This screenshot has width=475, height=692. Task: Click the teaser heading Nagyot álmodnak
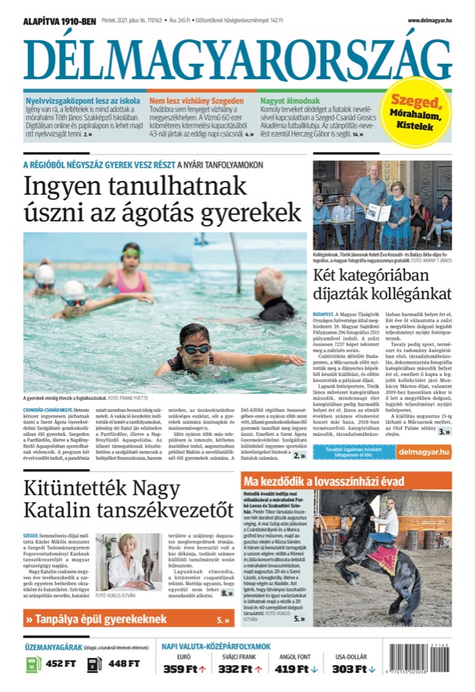pos(286,101)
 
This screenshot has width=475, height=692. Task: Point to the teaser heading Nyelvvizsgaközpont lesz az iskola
pos(72,101)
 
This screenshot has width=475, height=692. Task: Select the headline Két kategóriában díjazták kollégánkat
pos(381,283)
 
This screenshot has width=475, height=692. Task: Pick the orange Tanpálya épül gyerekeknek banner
pos(127,619)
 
